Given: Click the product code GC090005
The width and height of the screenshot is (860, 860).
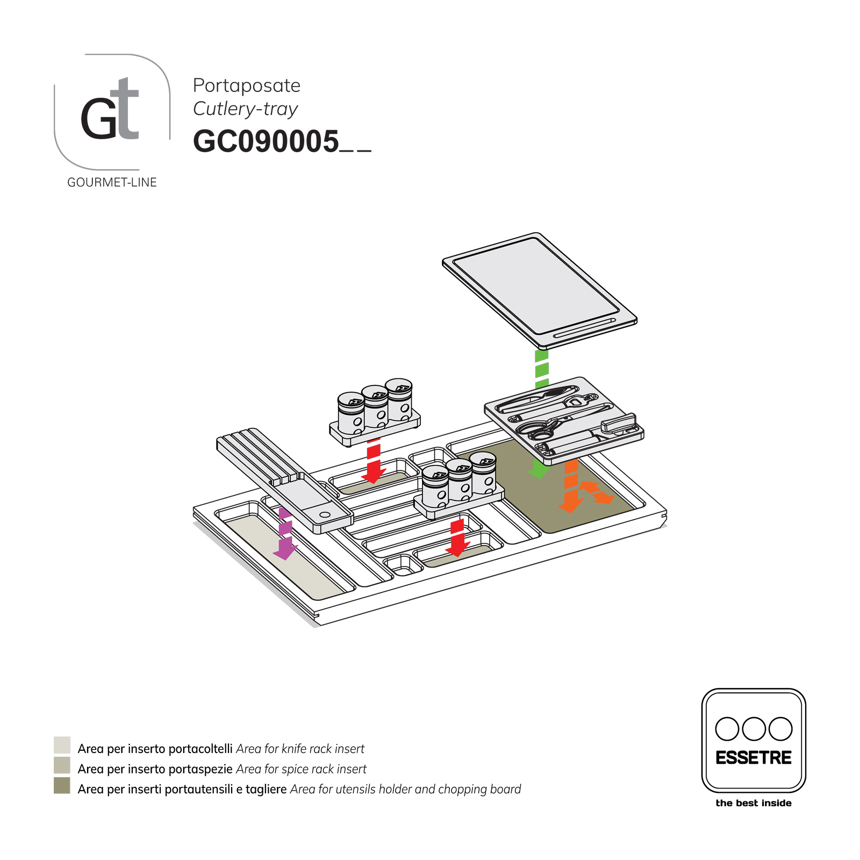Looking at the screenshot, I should point(266,142).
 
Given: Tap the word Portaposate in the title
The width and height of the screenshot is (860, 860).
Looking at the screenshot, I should point(246,85).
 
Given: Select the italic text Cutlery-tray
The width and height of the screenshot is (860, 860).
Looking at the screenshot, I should point(245,109).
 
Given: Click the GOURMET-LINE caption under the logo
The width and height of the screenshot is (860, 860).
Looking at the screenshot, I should point(112,183).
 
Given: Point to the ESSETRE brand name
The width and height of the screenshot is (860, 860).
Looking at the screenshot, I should point(753,758).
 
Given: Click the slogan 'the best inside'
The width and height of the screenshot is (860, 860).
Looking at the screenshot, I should point(753,803).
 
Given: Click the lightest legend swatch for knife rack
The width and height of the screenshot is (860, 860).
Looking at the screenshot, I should point(62,745).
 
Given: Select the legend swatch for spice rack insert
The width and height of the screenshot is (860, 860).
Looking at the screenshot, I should point(62,765).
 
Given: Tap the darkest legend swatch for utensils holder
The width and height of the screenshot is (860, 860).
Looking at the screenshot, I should point(62,785).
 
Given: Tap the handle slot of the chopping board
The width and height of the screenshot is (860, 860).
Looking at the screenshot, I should point(585,328).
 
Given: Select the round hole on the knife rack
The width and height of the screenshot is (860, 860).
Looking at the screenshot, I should point(325,514).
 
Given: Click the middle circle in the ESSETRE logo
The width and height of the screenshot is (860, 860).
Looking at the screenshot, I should point(754,729).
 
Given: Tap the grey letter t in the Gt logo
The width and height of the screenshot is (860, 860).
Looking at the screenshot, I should point(127,110).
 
